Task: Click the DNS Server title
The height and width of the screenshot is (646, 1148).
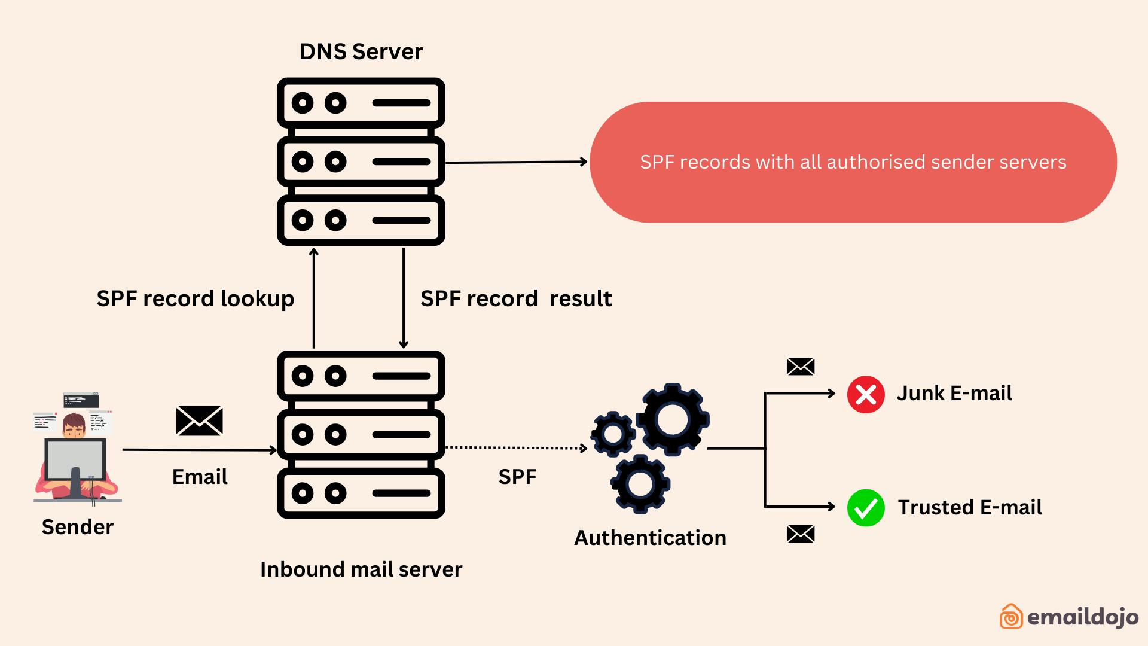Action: (361, 52)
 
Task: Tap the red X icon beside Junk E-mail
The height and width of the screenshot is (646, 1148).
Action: (866, 395)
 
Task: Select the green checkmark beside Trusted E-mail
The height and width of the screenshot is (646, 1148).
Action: (866, 508)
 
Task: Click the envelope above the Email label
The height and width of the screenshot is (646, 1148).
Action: (200, 420)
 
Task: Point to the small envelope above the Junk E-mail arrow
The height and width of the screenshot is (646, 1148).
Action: (801, 367)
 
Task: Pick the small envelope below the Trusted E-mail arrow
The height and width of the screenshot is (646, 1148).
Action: (801, 534)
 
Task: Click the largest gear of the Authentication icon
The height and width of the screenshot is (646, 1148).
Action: (673, 419)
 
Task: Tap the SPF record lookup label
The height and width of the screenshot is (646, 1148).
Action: (196, 298)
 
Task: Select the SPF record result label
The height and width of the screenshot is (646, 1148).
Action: (516, 298)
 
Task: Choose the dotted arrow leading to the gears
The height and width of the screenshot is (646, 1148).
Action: (516, 447)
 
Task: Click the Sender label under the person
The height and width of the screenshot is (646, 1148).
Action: (78, 527)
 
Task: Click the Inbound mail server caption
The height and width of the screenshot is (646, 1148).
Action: (361, 569)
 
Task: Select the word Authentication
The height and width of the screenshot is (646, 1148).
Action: (650, 538)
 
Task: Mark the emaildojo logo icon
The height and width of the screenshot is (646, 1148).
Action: (1011, 616)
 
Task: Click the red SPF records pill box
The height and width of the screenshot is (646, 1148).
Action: (853, 162)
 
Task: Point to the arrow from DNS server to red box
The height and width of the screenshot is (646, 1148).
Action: (516, 162)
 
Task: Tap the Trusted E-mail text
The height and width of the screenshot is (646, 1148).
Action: (970, 508)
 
